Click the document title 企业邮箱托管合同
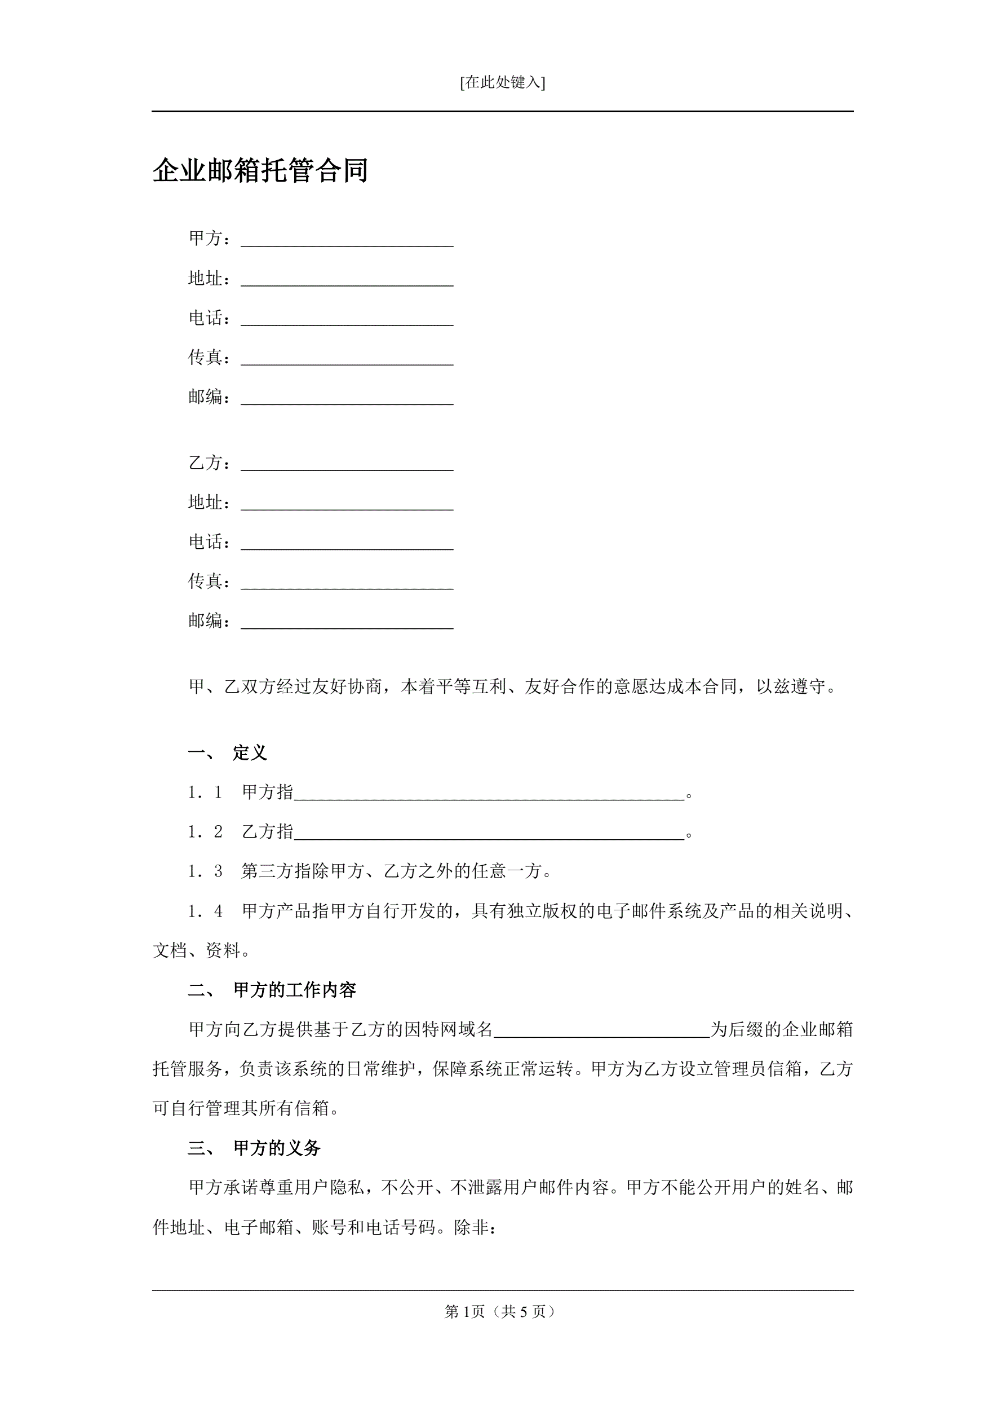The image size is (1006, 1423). [260, 170]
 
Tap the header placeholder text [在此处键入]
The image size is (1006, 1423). [502, 82]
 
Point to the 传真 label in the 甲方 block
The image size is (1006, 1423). [205, 357]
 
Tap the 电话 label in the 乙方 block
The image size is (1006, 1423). [205, 541]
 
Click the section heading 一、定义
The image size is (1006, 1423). [228, 753]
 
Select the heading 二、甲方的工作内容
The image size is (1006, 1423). [273, 990]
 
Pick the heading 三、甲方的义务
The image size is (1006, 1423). [255, 1148]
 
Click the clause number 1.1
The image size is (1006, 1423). [205, 792]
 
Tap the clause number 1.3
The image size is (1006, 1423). [205, 871]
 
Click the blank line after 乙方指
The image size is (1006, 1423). [489, 834]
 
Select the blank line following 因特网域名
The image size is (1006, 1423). [601, 1032]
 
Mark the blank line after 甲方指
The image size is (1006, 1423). [489, 794]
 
